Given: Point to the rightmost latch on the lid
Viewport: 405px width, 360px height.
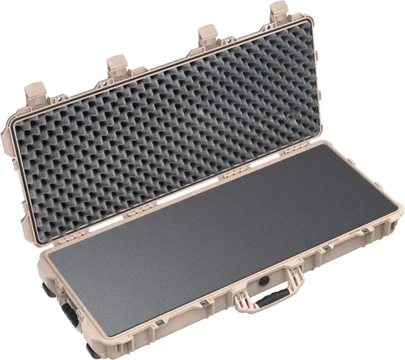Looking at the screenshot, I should (x=279, y=11).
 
